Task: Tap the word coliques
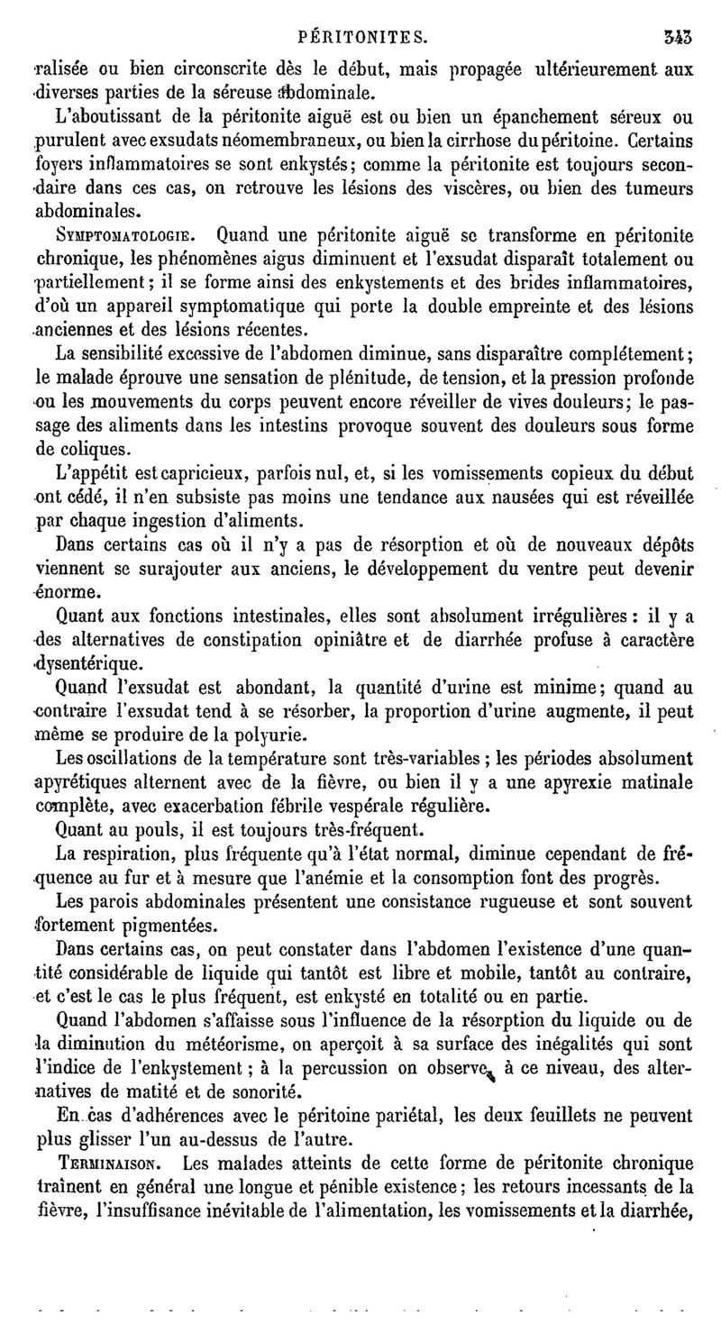96,448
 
